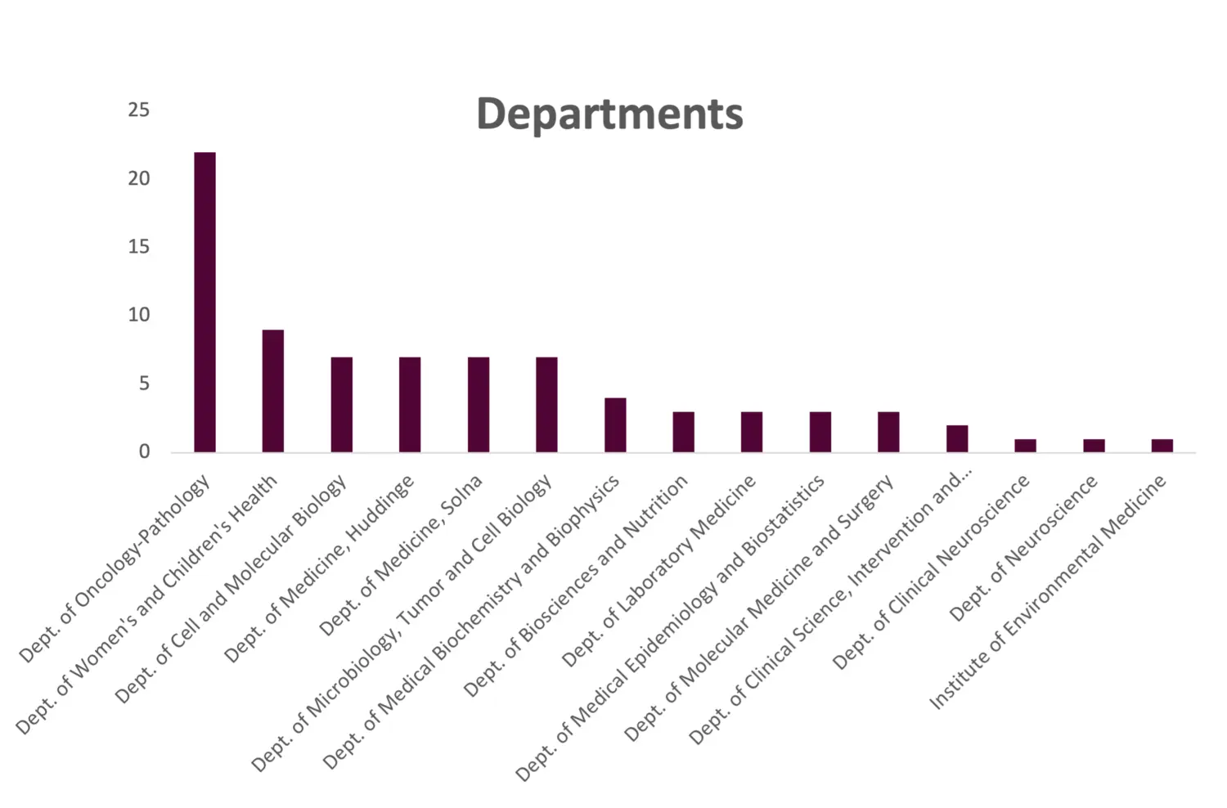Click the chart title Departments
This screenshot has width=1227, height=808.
tap(609, 114)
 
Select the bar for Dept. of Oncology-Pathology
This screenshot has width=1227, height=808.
tap(205, 302)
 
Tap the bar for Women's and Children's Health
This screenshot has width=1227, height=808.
tap(273, 391)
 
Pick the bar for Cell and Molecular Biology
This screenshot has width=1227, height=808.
tap(342, 404)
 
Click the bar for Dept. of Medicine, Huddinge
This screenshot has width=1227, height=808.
tap(410, 404)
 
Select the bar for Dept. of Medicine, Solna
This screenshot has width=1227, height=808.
tap(479, 404)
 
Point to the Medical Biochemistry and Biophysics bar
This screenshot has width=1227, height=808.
tap(615, 424)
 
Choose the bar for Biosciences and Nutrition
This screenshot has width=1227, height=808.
tap(684, 431)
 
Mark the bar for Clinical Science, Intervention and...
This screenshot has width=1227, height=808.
tap(957, 438)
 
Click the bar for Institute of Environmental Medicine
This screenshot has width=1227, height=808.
tap(1162, 445)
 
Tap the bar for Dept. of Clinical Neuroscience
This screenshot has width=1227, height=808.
tap(1026, 445)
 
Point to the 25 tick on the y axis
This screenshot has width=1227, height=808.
tap(139, 110)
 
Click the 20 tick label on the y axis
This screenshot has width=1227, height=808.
tap(139, 178)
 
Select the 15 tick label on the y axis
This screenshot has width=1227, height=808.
tap(139, 246)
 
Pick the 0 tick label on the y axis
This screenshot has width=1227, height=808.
tap(144, 451)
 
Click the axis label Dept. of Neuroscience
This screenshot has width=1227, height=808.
tap(1023, 549)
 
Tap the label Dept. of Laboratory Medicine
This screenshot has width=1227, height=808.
tap(658, 572)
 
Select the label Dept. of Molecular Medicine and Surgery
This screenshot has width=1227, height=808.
tap(759, 609)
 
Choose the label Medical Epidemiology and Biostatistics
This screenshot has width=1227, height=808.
tap(670, 630)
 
